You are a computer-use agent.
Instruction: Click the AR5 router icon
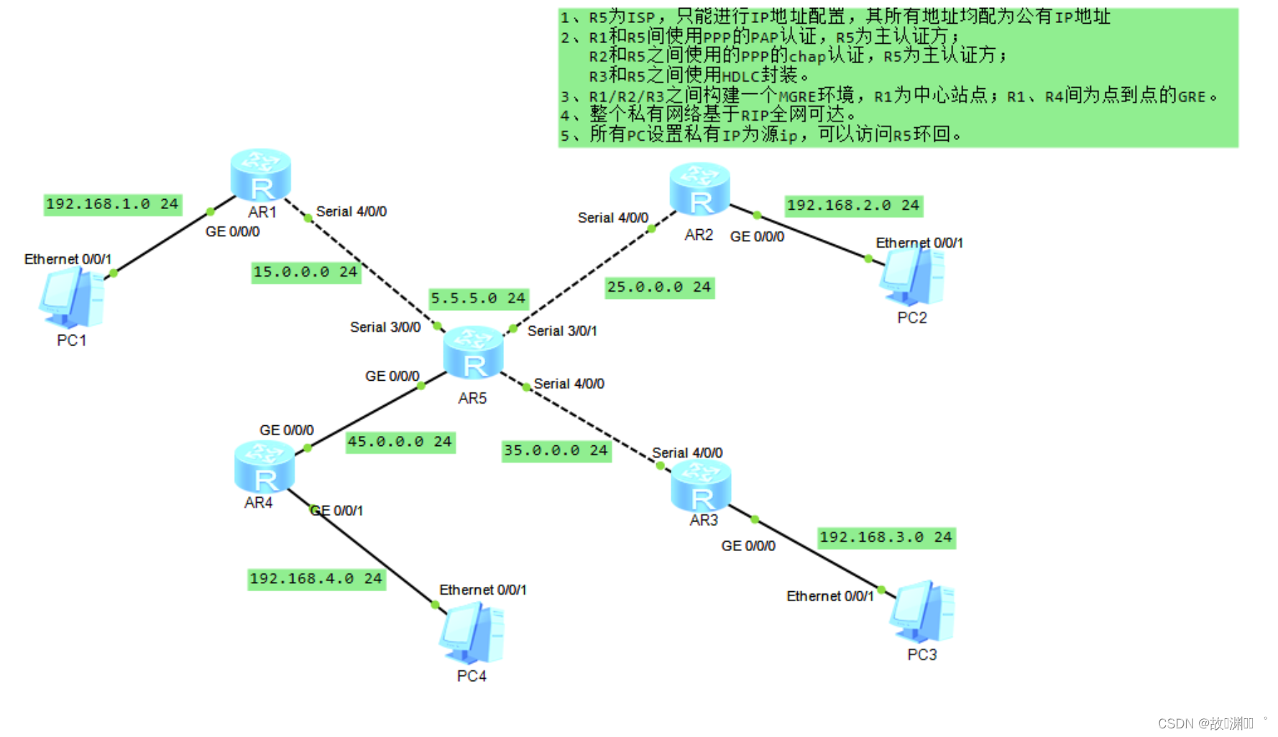[473, 353]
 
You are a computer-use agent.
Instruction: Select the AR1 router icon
[260, 175]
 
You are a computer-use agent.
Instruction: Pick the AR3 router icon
[701, 486]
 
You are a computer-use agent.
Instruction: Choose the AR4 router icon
[265, 467]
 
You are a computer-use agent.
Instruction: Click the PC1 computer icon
[72, 297]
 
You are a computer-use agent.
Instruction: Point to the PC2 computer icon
[912, 276]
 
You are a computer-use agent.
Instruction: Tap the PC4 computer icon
[472, 634]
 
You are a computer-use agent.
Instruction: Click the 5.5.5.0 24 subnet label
[478, 298]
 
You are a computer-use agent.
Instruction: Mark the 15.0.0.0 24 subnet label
[305, 272]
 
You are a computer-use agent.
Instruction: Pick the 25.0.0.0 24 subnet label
[659, 287]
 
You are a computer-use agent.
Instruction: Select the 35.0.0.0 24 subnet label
[556, 450]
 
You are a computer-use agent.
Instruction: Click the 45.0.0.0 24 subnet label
[400, 442]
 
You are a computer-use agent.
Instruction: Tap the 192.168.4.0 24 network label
[316, 579]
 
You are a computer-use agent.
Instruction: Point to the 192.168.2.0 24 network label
[853, 205]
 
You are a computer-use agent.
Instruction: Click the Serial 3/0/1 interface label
[562, 331]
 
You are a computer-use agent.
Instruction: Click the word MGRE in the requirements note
[797, 97]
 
